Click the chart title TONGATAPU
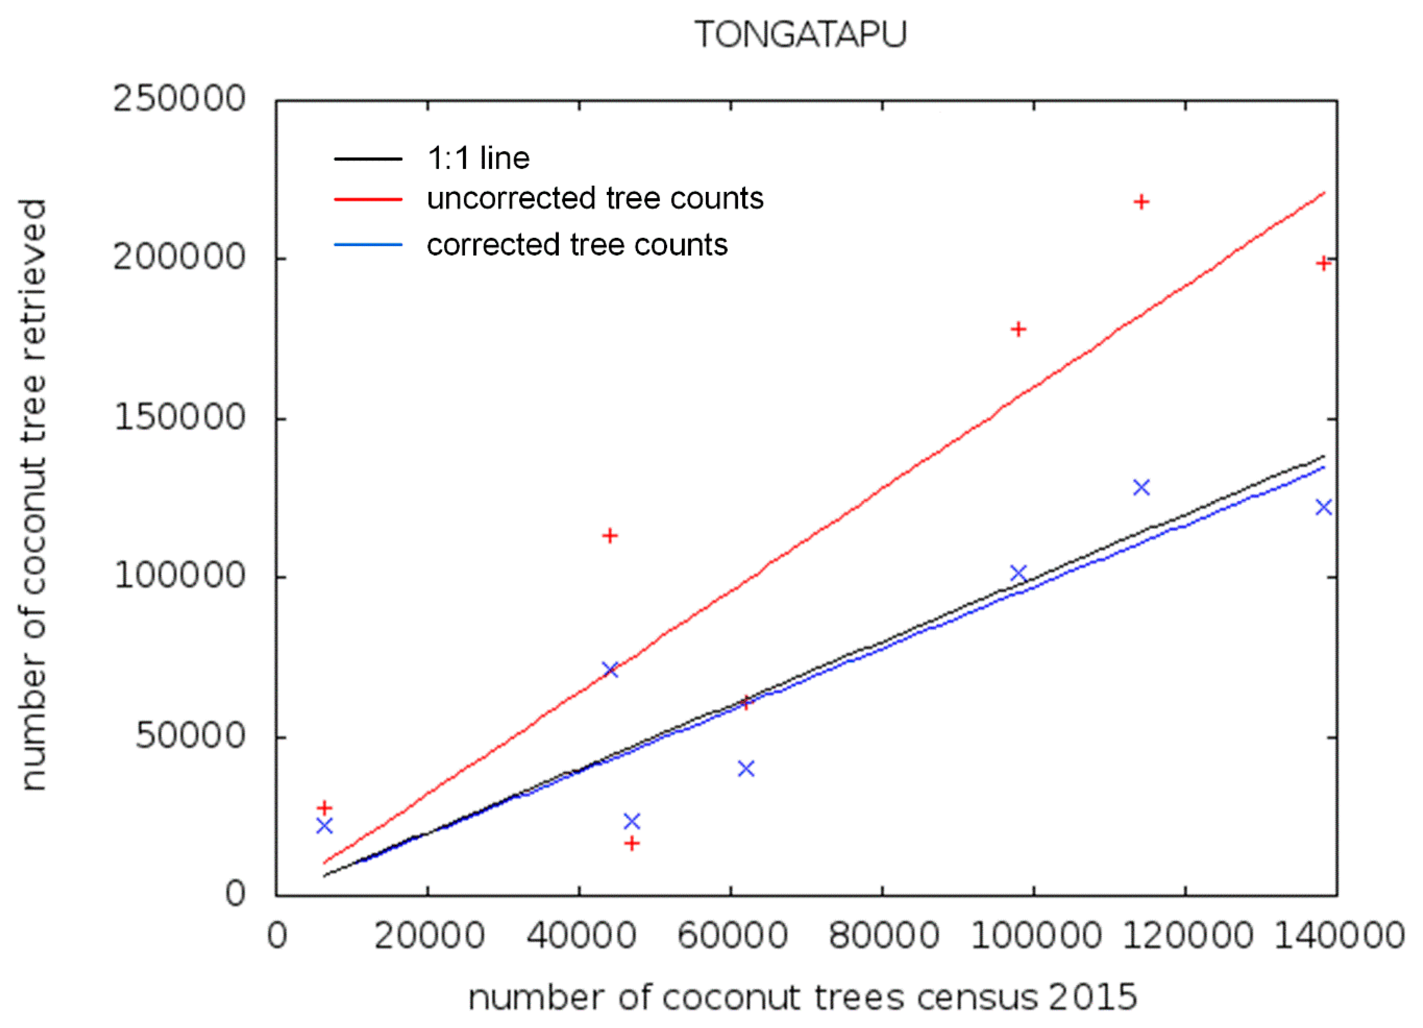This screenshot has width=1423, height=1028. (x=801, y=35)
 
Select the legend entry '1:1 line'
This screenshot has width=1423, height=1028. (x=478, y=158)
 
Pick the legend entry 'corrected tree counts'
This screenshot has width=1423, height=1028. (x=577, y=245)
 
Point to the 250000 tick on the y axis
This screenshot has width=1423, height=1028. (x=179, y=99)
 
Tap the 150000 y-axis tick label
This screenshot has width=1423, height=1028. (x=179, y=417)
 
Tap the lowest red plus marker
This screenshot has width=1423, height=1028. (x=632, y=843)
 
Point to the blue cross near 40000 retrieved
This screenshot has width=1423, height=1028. (x=746, y=769)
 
